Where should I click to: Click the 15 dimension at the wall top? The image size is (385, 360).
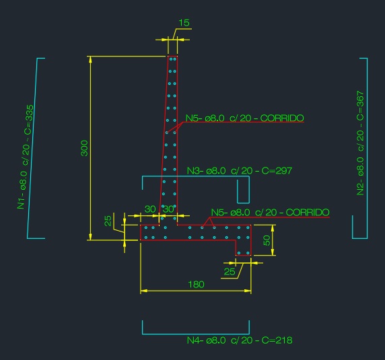tap(184, 23)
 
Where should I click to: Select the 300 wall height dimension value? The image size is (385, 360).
tap(84, 148)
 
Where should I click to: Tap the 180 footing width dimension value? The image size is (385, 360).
tap(196, 285)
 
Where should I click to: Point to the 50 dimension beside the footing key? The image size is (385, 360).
tap(267, 240)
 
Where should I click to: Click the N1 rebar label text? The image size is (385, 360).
tap(26, 157)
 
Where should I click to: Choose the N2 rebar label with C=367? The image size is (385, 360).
tap(360, 143)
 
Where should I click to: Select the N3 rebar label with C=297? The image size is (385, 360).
tap(240, 170)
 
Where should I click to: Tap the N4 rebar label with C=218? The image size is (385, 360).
tap(240, 340)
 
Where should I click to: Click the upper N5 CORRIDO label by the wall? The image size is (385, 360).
tap(244, 118)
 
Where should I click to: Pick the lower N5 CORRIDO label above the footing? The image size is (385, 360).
tap(270, 212)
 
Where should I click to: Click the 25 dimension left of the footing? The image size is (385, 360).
tap(108, 221)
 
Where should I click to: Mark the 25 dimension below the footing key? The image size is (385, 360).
tap(230, 272)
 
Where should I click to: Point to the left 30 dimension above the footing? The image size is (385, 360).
tap(150, 209)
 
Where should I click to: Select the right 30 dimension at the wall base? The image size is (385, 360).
tap(168, 209)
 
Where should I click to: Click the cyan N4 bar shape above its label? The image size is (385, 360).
tap(196, 334)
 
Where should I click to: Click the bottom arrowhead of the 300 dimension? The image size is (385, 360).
tap(90, 237)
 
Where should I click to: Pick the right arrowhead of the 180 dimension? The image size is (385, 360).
tap(248, 291)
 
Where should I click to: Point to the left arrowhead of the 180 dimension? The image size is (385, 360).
tap(144, 291)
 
